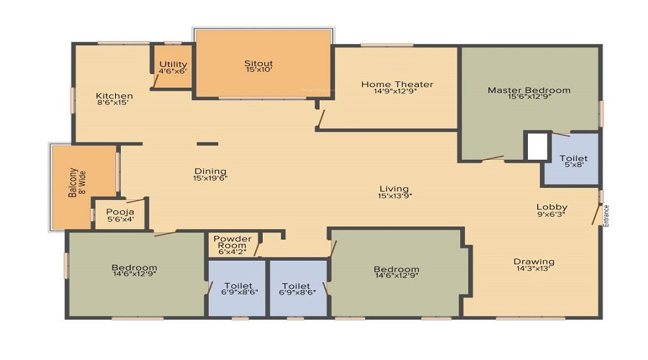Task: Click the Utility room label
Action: click(x=173, y=65)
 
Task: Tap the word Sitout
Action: click(x=258, y=63)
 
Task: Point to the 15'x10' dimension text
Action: click(x=258, y=71)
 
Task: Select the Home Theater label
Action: click(x=397, y=84)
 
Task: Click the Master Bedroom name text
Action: click(x=528, y=90)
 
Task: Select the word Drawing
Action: click(x=534, y=261)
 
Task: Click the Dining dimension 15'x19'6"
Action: click(x=210, y=178)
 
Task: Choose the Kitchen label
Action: click(x=114, y=96)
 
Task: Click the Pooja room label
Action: click(x=117, y=212)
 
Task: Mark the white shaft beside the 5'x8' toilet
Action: click(x=536, y=146)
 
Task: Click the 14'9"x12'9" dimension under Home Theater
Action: click(x=397, y=91)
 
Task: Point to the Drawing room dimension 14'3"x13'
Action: click(x=534, y=269)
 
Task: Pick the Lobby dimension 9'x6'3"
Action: click(x=551, y=213)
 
